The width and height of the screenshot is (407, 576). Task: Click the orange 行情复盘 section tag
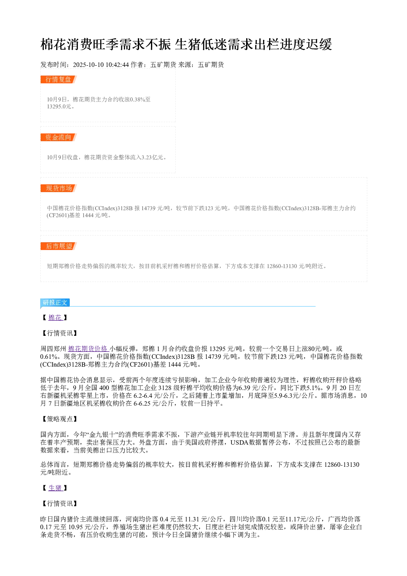(x=59, y=80)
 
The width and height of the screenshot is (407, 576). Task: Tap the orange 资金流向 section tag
(x=59, y=137)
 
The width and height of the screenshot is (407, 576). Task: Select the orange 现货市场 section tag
(x=59, y=188)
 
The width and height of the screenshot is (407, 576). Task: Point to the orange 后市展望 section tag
(x=59, y=246)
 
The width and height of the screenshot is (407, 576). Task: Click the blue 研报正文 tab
(x=55, y=303)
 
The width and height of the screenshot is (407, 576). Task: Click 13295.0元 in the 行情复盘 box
(x=59, y=106)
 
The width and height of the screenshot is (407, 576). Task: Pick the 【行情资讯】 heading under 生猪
(x=59, y=503)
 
